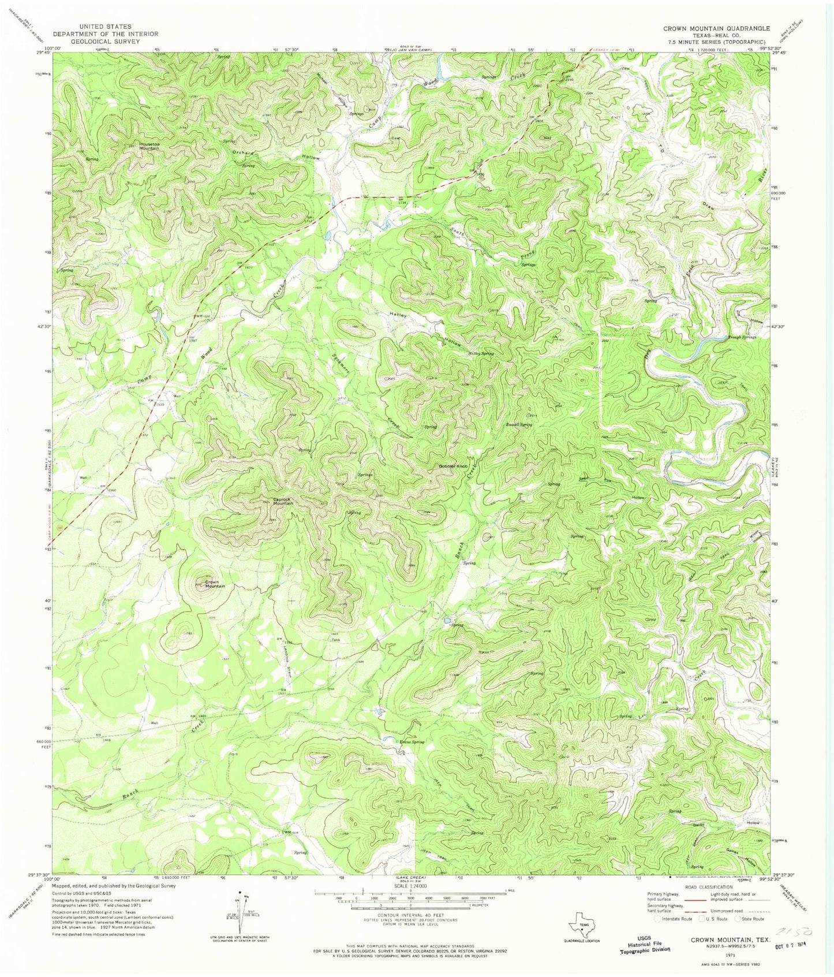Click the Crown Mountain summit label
(x=212, y=584)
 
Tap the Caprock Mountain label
(x=282, y=502)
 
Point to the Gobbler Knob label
(x=452, y=466)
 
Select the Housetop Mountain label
(x=140, y=146)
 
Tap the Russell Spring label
(x=518, y=424)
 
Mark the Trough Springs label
(x=742, y=337)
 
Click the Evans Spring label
(x=412, y=742)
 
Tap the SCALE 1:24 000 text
(x=410, y=886)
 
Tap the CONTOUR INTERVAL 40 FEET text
(x=410, y=916)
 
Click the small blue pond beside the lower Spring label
(x=447, y=621)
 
